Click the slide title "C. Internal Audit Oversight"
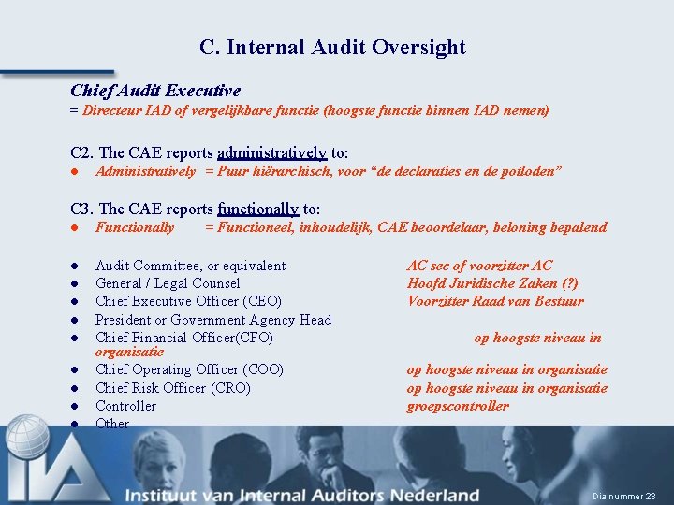pyautogui.click(x=332, y=47)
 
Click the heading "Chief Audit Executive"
pyautogui.click(x=155, y=91)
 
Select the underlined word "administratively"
pyautogui.click(x=271, y=153)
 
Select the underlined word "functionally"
pyautogui.click(x=257, y=209)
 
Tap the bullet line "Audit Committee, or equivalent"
pyautogui.click(x=190, y=266)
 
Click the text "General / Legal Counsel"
pyautogui.click(x=168, y=283)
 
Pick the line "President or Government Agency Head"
pyautogui.click(x=213, y=320)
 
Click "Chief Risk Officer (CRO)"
pyautogui.click(x=173, y=388)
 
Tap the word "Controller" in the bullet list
pyautogui.click(x=126, y=406)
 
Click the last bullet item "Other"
pyautogui.click(x=112, y=424)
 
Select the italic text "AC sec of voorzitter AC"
pyautogui.click(x=479, y=266)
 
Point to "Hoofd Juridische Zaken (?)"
pyautogui.click(x=492, y=283)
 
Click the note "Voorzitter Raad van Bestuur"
pyautogui.click(x=495, y=301)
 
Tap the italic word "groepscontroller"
pyautogui.click(x=458, y=406)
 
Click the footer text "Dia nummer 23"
pyautogui.click(x=624, y=496)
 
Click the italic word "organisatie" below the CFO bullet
pyautogui.click(x=129, y=353)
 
